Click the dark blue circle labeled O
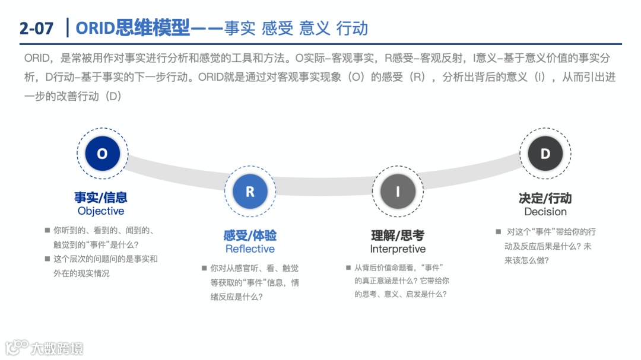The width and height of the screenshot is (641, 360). click(x=102, y=154)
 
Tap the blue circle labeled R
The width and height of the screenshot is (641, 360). click(x=250, y=192)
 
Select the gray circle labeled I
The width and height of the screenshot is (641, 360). click(x=398, y=192)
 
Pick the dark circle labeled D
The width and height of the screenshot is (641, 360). click(x=545, y=154)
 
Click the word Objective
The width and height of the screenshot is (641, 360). click(x=101, y=211)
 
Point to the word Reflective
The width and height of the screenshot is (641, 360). click(x=250, y=249)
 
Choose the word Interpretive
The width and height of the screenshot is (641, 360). click(x=398, y=249)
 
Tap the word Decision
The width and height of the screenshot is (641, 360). click(x=545, y=212)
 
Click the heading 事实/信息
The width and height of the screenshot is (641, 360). click(x=101, y=197)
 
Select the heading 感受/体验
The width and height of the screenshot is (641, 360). click(x=250, y=235)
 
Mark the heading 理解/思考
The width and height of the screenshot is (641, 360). click(x=398, y=235)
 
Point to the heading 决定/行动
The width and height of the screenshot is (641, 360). click(x=545, y=198)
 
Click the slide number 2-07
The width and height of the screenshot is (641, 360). click(x=36, y=28)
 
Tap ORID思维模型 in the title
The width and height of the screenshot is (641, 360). click(x=133, y=27)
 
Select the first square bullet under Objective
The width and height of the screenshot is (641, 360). click(x=47, y=230)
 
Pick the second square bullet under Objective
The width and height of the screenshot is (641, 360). click(x=47, y=259)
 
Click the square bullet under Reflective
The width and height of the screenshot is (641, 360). click(x=204, y=268)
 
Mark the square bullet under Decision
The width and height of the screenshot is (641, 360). click(x=499, y=232)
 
